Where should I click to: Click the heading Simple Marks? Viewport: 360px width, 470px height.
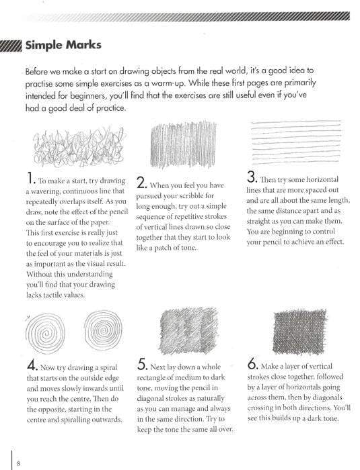coord(63,46)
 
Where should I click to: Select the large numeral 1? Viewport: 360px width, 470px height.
coord(31,179)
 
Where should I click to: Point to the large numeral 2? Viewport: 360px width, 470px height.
coord(142,183)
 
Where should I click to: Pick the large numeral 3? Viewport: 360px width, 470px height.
coord(252,178)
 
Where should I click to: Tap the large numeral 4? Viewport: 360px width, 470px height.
coord(32,366)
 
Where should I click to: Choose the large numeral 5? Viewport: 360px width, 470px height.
coord(142,366)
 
